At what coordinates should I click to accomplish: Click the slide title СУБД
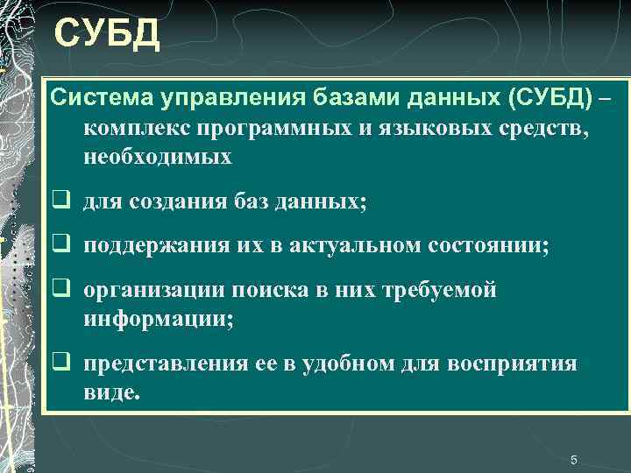(x=106, y=35)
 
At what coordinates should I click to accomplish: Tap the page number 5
(x=574, y=460)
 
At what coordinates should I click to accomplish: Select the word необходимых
(x=158, y=158)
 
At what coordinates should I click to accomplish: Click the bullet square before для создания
(x=60, y=202)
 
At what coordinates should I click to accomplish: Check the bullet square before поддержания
(x=60, y=247)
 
